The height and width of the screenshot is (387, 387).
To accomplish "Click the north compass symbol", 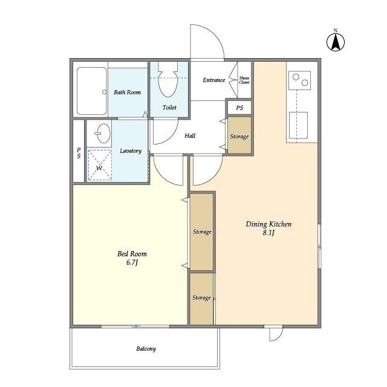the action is pyautogui.click(x=336, y=42).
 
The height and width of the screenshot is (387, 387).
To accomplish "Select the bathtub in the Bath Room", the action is pyautogui.click(x=92, y=91).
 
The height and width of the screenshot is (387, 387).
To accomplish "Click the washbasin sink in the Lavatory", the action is pyautogui.click(x=103, y=133).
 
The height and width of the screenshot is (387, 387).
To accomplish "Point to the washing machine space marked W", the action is pyautogui.click(x=100, y=164).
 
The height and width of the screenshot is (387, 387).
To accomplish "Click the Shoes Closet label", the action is pyautogui.click(x=244, y=80).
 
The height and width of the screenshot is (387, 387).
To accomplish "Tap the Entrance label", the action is pyautogui.click(x=214, y=80).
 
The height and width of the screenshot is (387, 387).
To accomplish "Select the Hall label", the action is pyautogui.click(x=190, y=135).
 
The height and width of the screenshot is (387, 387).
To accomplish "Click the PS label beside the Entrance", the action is pyautogui.click(x=239, y=108).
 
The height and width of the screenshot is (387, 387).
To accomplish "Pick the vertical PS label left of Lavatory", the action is pyautogui.click(x=79, y=153).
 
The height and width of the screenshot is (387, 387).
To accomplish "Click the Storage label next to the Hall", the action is pyautogui.click(x=239, y=137).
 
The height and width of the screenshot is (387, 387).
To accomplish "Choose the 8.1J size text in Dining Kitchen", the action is pyautogui.click(x=268, y=233).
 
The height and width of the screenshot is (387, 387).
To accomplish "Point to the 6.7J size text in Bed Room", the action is pyautogui.click(x=132, y=262).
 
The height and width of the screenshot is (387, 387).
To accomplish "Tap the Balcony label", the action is pyautogui.click(x=146, y=349).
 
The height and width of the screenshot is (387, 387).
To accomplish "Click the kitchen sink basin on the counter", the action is pyautogui.click(x=298, y=125).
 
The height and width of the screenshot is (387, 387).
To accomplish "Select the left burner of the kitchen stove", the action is pyautogui.click(x=296, y=77).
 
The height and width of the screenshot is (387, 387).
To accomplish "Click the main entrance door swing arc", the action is pyautogui.click(x=214, y=34).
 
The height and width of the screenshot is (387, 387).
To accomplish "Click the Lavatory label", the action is pyautogui.click(x=131, y=151).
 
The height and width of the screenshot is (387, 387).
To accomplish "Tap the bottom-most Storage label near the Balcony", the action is pyautogui.click(x=201, y=298).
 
